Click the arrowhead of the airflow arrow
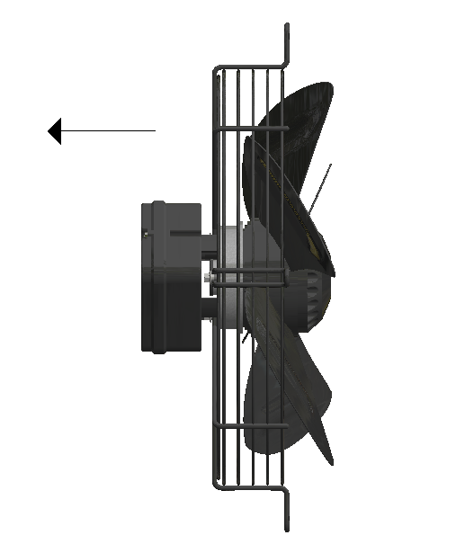(x=54, y=131)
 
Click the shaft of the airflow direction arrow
(x=108, y=131)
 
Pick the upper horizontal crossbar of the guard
(x=252, y=129)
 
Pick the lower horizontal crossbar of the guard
(x=252, y=425)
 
